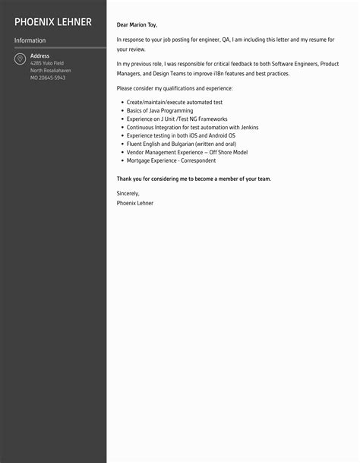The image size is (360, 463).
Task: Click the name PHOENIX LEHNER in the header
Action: [52, 21]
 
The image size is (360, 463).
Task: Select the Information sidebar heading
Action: [30, 40]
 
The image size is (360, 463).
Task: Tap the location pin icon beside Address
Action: [19, 59]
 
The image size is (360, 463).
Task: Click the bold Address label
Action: [39, 56]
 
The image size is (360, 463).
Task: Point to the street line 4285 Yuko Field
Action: [46, 63]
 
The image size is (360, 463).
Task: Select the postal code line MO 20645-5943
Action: [48, 78]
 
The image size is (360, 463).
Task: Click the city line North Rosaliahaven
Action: [51, 70]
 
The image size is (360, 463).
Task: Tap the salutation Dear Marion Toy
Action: [137, 25]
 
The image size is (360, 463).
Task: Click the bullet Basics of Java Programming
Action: [159, 111]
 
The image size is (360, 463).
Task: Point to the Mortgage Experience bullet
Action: [172, 160]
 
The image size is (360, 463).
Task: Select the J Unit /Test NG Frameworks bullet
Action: [175, 119]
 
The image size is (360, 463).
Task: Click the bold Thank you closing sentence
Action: [194, 179]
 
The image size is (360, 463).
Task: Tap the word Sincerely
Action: [128, 194]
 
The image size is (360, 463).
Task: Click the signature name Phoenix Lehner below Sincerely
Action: [135, 203]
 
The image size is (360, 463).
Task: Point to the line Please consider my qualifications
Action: [175, 89]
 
